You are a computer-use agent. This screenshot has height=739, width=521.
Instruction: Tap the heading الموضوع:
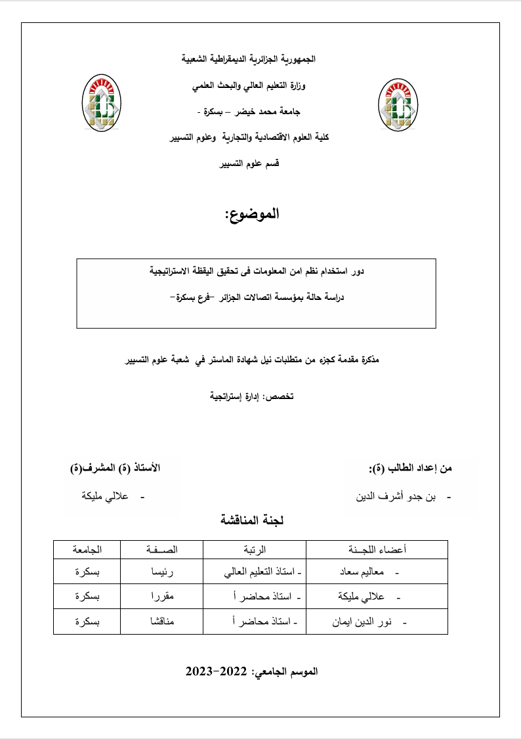(x=252, y=215)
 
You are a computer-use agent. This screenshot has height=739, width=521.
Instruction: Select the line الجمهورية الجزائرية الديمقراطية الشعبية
(x=249, y=59)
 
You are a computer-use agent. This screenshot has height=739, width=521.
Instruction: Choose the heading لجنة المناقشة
(x=252, y=520)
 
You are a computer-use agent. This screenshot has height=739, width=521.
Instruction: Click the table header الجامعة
(x=87, y=549)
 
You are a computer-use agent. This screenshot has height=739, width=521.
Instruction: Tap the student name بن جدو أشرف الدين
(x=400, y=496)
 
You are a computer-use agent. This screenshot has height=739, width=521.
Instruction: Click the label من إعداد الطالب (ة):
(x=411, y=469)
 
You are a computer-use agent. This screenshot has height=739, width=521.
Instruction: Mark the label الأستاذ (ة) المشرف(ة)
(x=115, y=468)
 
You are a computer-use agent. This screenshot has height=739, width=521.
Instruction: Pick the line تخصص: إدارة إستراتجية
(x=250, y=397)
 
